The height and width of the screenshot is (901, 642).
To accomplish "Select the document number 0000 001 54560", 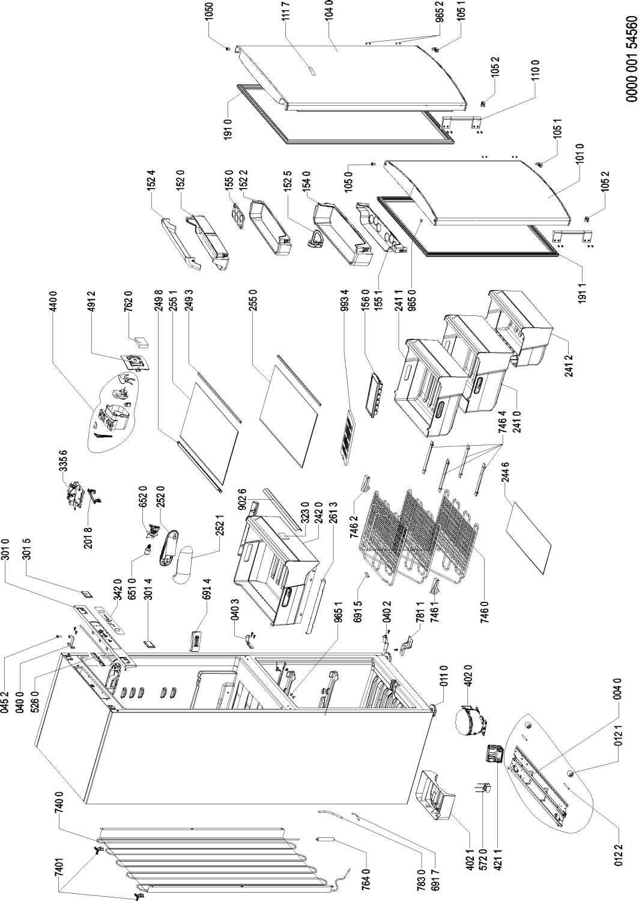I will click(x=631, y=59).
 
